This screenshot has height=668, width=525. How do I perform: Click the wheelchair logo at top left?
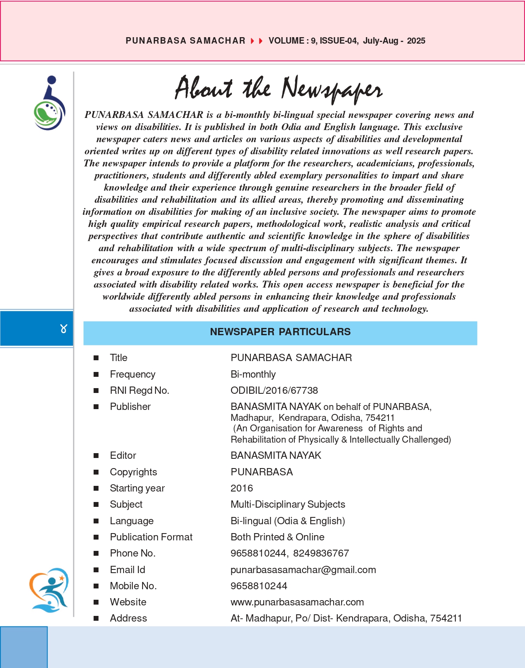pos(49,103)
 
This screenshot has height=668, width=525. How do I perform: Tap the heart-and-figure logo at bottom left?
pos(49,590)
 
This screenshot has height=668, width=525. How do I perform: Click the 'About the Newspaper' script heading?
pos(279,88)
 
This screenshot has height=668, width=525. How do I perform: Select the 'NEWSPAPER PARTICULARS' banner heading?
pos(280,332)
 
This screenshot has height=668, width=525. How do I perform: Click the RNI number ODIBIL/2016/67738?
pos(274,391)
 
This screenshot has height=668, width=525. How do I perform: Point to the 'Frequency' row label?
pos(132,374)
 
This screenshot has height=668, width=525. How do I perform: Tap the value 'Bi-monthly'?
pos(253,374)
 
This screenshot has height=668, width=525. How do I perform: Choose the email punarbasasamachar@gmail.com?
pos(303,570)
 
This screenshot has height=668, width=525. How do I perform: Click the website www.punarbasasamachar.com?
pos(297,602)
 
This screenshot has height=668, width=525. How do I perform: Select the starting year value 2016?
pos(241,488)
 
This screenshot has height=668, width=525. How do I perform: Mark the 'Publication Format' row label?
pos(151,537)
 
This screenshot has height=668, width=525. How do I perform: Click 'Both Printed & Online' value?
pos(277,537)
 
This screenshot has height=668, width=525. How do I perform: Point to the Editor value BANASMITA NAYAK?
pos(276,456)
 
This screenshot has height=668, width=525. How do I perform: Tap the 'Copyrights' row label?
pos(133,472)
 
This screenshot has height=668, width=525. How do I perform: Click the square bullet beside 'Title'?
pos(96,358)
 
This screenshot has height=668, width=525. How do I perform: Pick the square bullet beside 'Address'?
pos(96,618)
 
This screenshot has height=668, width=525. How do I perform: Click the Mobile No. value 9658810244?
pos(259,586)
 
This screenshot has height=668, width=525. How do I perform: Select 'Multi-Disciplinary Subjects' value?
pos(288,504)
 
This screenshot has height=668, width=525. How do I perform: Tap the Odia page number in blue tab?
pos(63,329)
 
